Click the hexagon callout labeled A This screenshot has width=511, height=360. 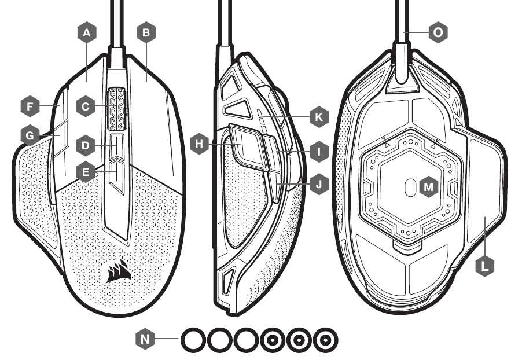[x=87, y=34]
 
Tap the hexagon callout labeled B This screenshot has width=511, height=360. [x=146, y=34]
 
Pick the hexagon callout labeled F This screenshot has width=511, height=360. [x=29, y=106]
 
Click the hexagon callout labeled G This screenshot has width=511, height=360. [x=29, y=135]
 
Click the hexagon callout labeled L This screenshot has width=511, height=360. [x=485, y=265]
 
